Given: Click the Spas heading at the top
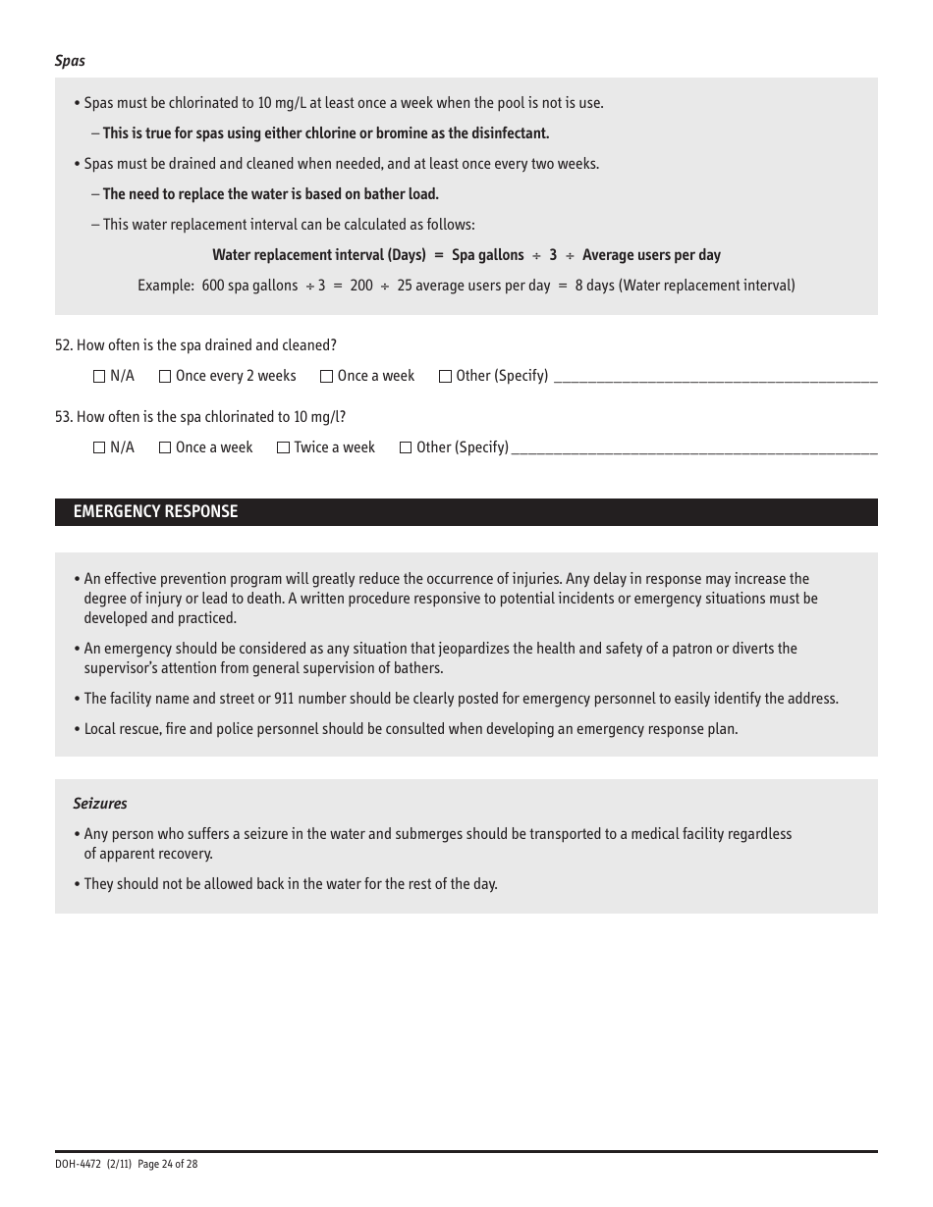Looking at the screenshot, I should point(70,61).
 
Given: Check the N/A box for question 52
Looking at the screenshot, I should point(99,376).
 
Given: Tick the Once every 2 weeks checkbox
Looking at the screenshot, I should point(165,376).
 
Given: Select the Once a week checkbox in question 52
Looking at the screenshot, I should point(327,376).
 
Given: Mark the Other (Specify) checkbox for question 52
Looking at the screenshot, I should point(445,376).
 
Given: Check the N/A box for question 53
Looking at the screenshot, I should point(99,447).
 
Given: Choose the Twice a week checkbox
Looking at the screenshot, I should point(284,447).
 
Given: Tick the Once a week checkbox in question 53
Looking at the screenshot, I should point(165,447).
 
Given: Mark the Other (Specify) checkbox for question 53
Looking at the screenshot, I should point(406,447).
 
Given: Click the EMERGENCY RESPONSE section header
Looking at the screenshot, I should point(155,512).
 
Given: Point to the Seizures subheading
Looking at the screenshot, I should point(100,804).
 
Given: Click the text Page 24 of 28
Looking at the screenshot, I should point(168,1164).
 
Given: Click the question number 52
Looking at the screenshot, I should point(63,345).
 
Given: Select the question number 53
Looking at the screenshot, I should point(63,417).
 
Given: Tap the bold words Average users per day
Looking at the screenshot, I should point(651,255).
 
